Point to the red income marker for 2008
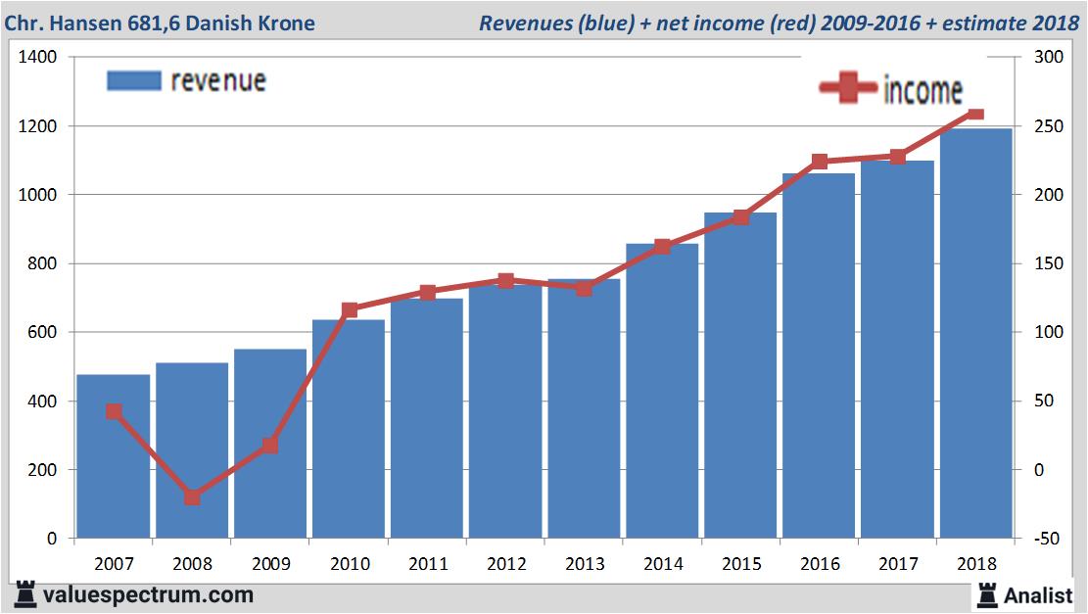pos(192,497)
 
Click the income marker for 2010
pos(350,310)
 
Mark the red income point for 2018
pos(975,114)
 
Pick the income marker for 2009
pos(270,446)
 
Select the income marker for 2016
pos(820,162)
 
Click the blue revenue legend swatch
pos(133,80)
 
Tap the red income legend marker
pos(847,88)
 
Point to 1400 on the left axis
pos(39,58)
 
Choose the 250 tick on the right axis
pos(1037,126)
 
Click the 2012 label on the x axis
pos(506,564)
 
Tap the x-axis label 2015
pos(741,564)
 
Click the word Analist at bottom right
pos(1038,594)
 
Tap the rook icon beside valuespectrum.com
pos(25,594)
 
